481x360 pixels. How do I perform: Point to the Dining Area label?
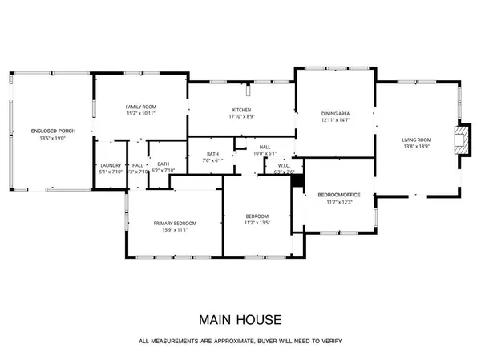[334, 114]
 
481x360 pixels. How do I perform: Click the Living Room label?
[418, 141]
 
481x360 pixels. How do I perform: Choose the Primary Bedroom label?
[175, 223]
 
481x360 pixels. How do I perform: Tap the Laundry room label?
[110, 165]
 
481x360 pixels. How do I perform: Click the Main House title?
[240, 320]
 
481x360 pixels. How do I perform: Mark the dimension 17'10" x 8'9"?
[242, 116]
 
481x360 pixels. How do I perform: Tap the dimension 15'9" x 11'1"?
[175, 230]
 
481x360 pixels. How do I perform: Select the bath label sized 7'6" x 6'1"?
[212, 160]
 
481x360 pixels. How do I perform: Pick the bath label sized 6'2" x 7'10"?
[164, 171]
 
